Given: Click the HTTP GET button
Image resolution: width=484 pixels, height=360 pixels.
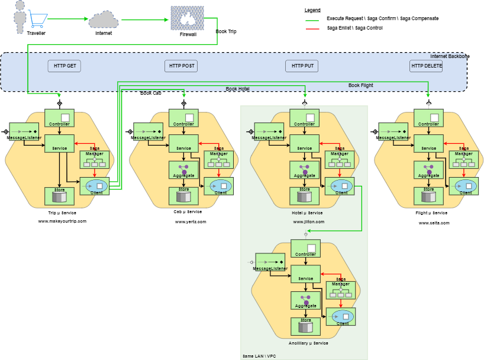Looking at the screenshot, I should [64, 66].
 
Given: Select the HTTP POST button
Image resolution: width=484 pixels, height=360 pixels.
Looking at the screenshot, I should [180, 66].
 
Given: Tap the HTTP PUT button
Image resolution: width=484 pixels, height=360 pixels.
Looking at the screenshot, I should [301, 66].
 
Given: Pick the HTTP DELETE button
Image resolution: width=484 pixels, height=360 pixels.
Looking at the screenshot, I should [426, 66].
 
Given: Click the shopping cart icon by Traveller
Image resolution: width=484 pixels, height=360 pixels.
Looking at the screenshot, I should [38, 20].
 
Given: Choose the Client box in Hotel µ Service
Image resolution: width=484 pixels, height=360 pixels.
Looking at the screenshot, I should [342, 187].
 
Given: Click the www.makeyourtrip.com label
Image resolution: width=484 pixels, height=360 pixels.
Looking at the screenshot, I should [62, 221].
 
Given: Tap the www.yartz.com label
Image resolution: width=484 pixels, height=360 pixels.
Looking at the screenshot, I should [191, 221].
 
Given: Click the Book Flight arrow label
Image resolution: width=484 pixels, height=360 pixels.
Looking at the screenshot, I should [360, 85].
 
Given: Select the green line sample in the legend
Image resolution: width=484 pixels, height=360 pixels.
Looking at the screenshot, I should [312, 19].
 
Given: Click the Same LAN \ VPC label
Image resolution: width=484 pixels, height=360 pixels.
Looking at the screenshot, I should [259, 356].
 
